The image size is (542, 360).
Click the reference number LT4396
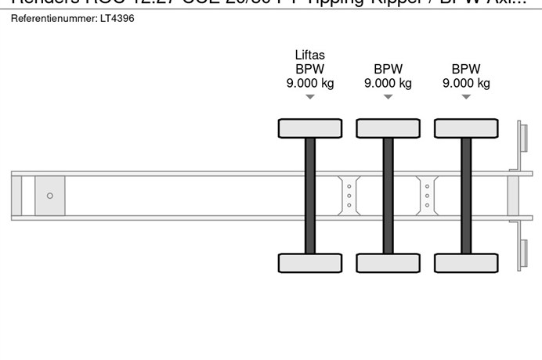click(x=117, y=18)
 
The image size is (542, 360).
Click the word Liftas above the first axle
click(x=309, y=55)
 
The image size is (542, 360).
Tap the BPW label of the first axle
click(x=309, y=69)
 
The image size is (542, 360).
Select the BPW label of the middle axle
click(x=388, y=69)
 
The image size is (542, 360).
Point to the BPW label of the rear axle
click(x=466, y=69)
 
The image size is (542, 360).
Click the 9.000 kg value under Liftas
click(x=309, y=83)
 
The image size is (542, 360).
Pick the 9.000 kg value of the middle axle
click(x=388, y=83)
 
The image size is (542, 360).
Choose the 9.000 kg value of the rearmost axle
click(x=466, y=83)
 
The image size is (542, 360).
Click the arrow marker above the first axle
click(x=309, y=97)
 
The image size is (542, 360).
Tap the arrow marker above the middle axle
click(x=388, y=97)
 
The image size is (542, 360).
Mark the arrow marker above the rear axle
click(x=466, y=97)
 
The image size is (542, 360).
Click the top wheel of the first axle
click(x=310, y=128)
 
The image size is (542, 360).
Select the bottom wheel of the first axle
click(x=310, y=263)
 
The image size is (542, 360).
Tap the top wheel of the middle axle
click(x=388, y=128)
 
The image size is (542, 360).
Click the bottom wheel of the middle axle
click(x=388, y=263)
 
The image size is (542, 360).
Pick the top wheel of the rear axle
click(x=466, y=128)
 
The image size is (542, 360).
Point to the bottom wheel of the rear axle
click(x=466, y=263)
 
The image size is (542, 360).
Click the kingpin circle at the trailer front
click(x=50, y=196)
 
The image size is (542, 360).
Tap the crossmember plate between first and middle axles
click(x=349, y=195)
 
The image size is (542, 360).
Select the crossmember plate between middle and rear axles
click(x=427, y=195)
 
